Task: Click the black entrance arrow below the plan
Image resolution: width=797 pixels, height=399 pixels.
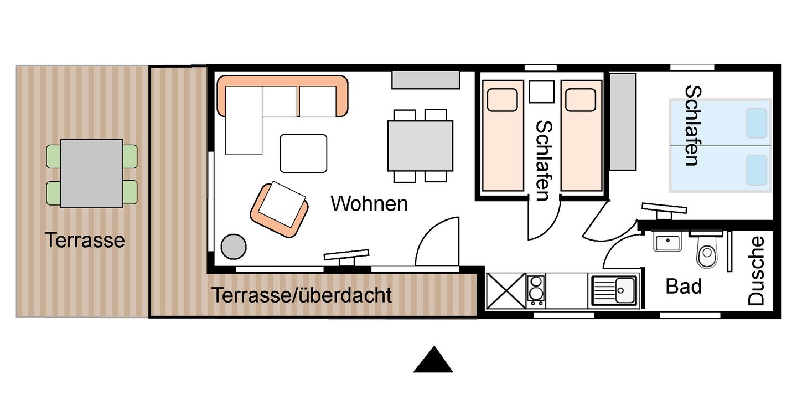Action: click(433, 361)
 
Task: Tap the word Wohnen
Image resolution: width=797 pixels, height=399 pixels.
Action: click(369, 204)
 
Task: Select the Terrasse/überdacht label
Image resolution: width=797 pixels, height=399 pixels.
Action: click(302, 295)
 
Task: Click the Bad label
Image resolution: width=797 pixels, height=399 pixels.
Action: click(684, 287)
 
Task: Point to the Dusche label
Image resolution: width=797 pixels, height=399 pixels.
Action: click(756, 271)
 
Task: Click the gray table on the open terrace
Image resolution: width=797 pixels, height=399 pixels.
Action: click(91, 173)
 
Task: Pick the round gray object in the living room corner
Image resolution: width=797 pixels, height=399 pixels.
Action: click(234, 247)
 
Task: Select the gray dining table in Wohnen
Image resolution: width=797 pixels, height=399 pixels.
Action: click(420, 146)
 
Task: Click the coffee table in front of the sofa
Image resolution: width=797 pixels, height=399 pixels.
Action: click(303, 154)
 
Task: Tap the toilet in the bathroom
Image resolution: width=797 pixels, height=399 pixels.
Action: click(706, 253)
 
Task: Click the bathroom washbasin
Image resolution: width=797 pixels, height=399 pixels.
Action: click(667, 243)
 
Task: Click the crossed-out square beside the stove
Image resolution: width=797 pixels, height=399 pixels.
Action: click(505, 291)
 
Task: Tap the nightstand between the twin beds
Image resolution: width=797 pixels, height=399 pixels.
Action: click(541, 91)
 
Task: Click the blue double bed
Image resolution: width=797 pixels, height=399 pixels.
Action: click(720, 146)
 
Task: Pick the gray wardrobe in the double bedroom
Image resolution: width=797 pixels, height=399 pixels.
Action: click(623, 121)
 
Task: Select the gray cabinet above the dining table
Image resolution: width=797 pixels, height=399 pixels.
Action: click(426, 80)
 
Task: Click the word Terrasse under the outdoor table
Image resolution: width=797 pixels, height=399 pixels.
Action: click(85, 241)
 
